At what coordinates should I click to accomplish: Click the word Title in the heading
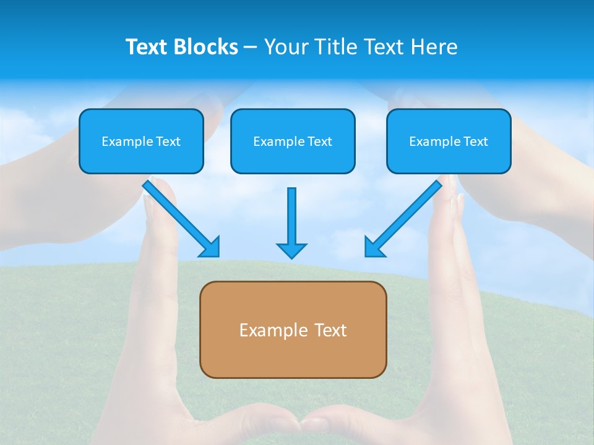click(x=332, y=47)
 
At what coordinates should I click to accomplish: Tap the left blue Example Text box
click(x=141, y=141)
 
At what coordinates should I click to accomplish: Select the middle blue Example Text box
click(x=293, y=141)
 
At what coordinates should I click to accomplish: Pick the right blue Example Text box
click(x=449, y=141)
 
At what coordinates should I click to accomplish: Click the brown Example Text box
click(x=293, y=329)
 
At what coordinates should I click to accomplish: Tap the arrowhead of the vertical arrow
click(x=291, y=250)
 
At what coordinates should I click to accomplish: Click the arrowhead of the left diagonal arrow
click(x=210, y=247)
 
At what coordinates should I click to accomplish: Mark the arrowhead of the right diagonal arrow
click(x=374, y=247)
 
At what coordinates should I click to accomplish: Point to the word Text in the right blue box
click(x=476, y=142)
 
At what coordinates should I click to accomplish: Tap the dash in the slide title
click(x=251, y=47)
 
